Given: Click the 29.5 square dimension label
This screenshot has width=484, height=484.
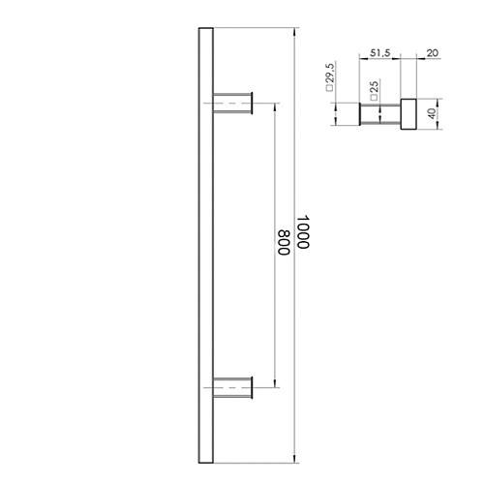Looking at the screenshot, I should coord(330,77).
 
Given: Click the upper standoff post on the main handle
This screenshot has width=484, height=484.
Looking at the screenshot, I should coord(231,102).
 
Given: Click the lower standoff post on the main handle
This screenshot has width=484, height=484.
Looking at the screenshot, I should coord(231,388).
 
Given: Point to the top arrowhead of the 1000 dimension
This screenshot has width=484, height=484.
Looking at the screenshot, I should coord(295,32).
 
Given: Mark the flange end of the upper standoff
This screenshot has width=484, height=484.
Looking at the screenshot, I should coord(254,102).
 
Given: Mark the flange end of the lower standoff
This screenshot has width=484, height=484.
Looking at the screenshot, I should coord(254,388).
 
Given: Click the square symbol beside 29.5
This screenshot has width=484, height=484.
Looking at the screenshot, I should coord(330,95).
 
